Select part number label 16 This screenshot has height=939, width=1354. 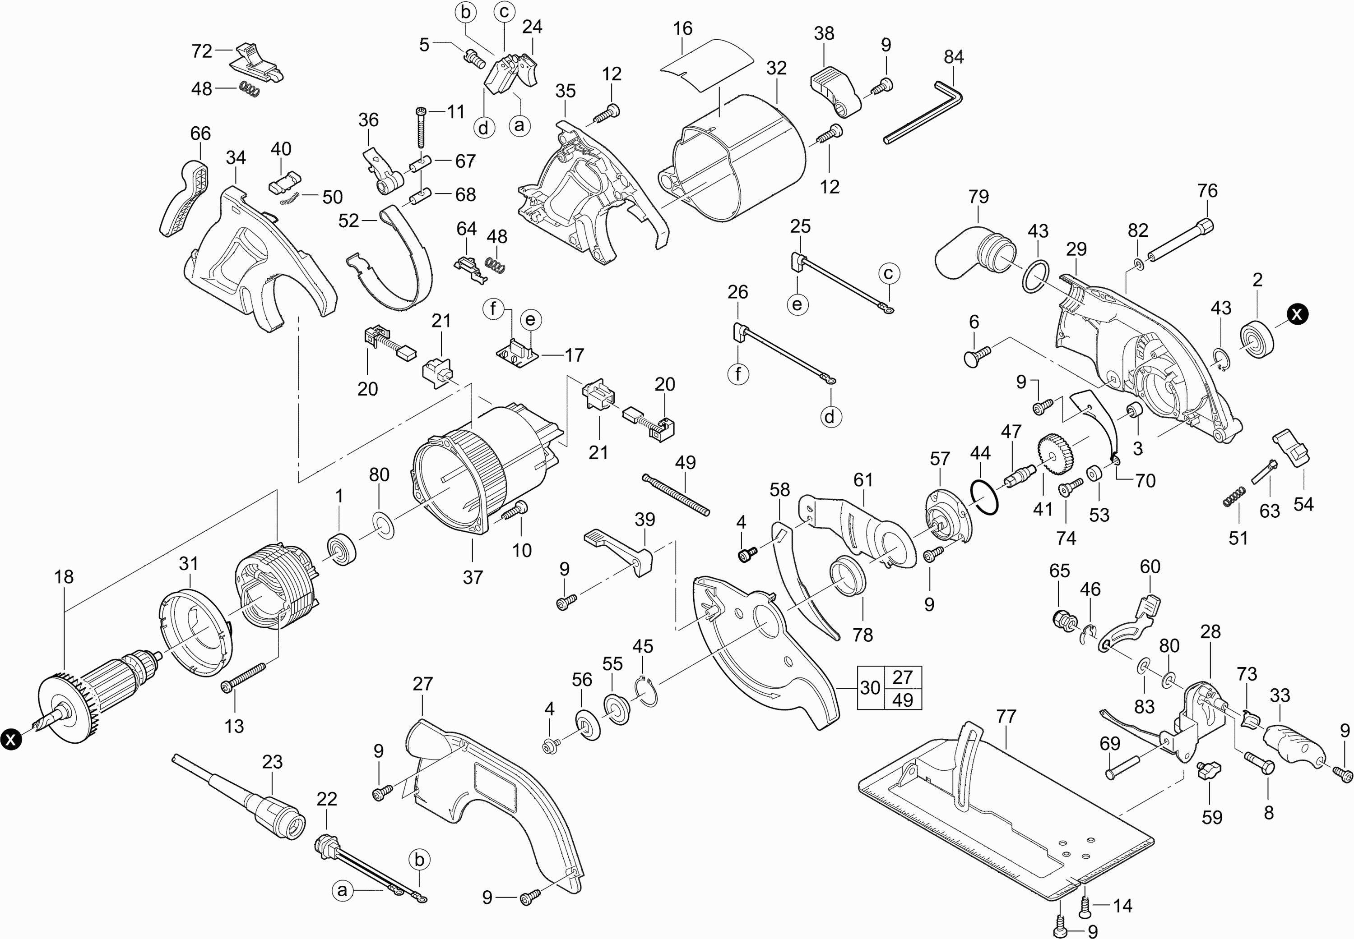point(683,28)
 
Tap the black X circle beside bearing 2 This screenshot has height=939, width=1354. point(1297,314)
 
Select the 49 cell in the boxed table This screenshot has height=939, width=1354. point(903,700)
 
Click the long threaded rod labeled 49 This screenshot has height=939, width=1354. point(677,495)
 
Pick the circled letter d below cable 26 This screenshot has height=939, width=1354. point(830,417)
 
